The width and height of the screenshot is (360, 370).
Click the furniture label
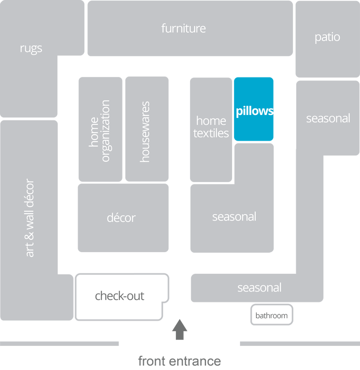point(183,29)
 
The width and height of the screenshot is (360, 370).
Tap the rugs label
point(31,48)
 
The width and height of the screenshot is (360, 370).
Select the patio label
point(327,37)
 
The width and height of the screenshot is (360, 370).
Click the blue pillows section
point(254,110)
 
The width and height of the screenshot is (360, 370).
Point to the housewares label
point(145,132)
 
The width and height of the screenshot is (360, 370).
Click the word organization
point(106,131)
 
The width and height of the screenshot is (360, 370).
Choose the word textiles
point(211,133)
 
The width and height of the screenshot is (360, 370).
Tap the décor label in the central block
point(121,218)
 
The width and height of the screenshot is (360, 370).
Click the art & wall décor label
point(30,218)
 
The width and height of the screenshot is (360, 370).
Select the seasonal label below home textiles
point(234,217)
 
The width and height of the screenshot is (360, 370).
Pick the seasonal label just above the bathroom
point(259,288)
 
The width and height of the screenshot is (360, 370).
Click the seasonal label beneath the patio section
point(328,118)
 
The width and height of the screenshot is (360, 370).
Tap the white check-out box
point(120,296)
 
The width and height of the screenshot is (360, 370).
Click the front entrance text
point(179,362)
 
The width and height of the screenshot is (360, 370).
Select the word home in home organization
point(94,133)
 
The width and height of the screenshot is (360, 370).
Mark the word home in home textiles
point(211,121)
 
